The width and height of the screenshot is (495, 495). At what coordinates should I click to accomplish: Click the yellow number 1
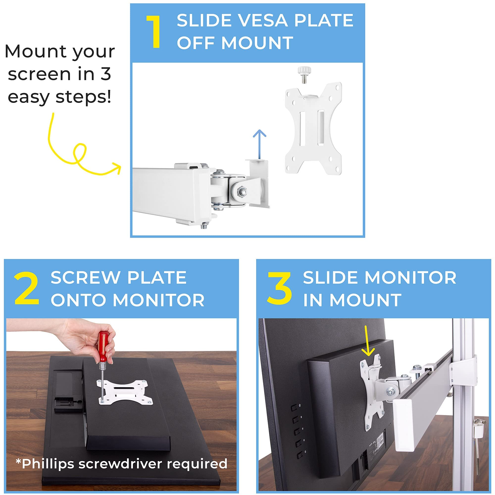(x=154, y=32)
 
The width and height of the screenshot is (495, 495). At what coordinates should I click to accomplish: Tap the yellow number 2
(x=27, y=289)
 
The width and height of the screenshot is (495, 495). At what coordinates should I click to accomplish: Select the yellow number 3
(x=279, y=289)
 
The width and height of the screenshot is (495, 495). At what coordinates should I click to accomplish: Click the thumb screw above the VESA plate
(x=304, y=74)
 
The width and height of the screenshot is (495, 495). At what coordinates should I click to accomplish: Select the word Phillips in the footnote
(x=49, y=464)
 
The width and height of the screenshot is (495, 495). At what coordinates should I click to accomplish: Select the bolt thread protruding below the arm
(x=204, y=226)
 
